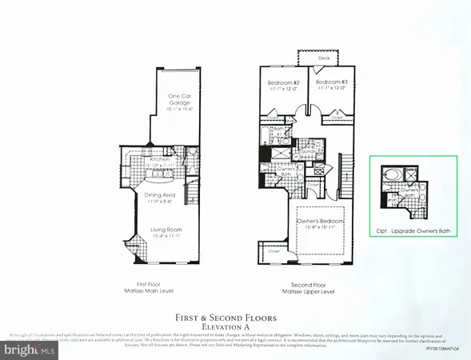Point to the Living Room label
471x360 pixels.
click(166, 231)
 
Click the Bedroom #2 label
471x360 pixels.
click(283, 82)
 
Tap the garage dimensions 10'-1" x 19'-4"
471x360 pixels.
click(178, 106)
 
